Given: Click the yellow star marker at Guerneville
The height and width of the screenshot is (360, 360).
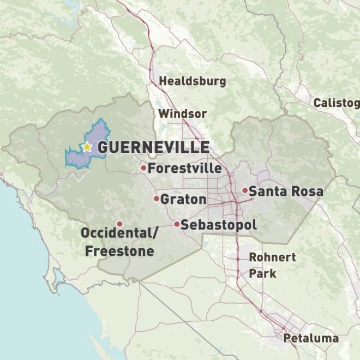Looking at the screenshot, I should click(x=87, y=147).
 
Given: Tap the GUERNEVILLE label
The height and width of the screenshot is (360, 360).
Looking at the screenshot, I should click(x=153, y=147).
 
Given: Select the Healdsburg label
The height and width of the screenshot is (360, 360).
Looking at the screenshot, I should click(x=192, y=81).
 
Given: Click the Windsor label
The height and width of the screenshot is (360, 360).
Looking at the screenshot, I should click(x=182, y=114).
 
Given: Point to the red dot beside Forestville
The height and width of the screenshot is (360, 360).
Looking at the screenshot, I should click(x=143, y=168).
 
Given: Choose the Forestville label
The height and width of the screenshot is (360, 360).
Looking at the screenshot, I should click(x=185, y=168).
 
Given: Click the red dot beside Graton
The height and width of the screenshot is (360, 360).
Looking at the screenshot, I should click(x=156, y=199).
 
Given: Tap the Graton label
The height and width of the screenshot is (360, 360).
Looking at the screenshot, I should click(x=183, y=199).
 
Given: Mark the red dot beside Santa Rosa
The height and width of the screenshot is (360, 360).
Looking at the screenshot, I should click(x=245, y=191).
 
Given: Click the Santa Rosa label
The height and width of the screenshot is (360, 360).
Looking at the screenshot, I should click(x=286, y=191).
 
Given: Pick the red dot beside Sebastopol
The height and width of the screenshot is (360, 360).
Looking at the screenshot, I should click(x=177, y=224).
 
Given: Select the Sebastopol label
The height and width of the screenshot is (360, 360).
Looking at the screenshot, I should click(x=218, y=225).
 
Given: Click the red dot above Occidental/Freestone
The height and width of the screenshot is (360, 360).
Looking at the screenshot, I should click(x=119, y=224).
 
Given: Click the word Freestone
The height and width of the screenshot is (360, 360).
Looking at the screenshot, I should click(x=119, y=251).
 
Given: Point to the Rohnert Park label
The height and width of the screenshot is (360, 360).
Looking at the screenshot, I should click(x=272, y=265).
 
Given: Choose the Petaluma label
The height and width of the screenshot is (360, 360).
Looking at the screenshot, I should click(x=311, y=338).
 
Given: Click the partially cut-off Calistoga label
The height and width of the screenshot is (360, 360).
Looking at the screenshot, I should click(x=336, y=103).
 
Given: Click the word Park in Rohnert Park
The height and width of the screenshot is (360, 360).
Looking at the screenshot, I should click(x=263, y=274).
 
